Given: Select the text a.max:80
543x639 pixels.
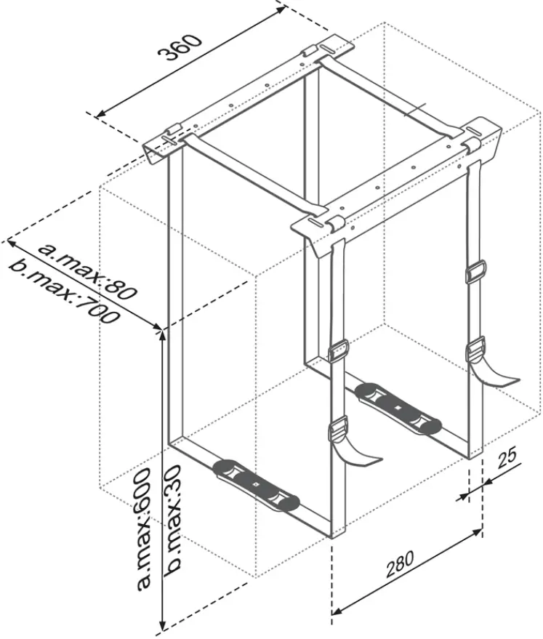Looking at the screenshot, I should coord(88,270).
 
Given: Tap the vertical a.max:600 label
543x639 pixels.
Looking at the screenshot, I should coord(143,527).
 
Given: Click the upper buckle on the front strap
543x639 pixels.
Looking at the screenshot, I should coord(339,353).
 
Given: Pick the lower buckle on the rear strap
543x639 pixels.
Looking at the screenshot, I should coord(475,347).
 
